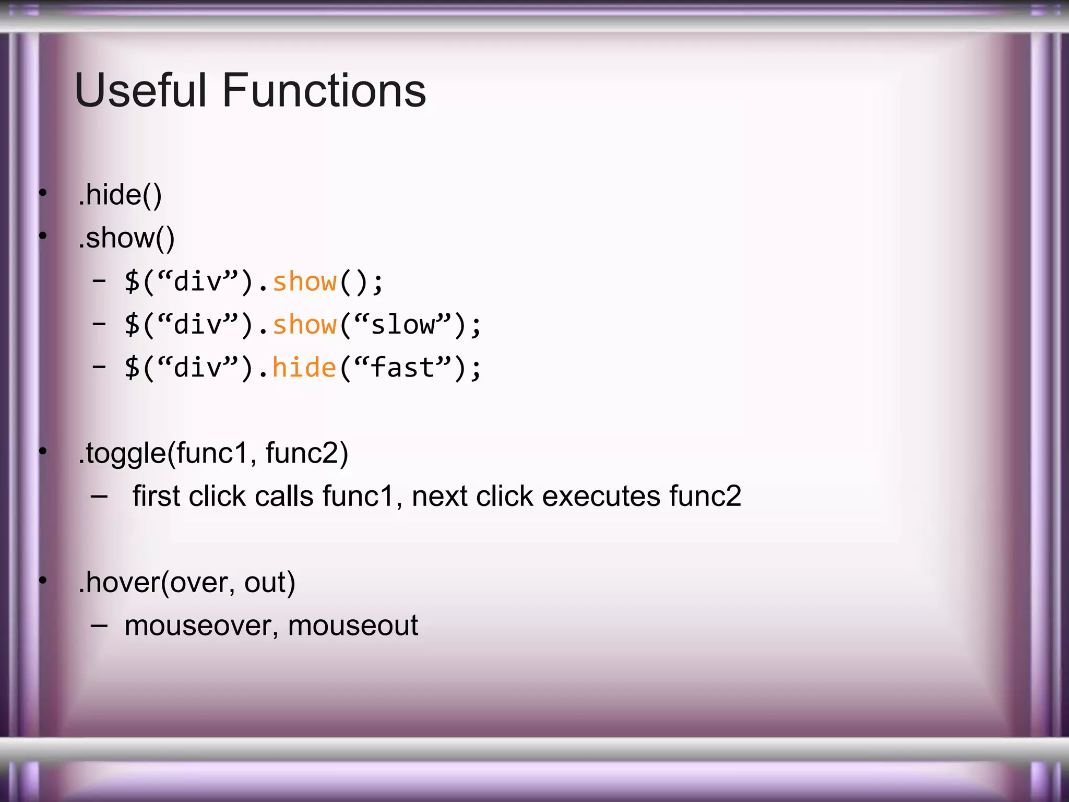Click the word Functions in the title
[324, 90]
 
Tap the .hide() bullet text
[120, 195]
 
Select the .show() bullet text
[126, 239]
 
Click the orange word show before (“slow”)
[304, 325]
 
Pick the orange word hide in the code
[304, 368]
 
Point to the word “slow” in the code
[402, 325]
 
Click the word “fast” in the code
[402, 368]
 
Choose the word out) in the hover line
[269, 582]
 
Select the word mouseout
[353, 626]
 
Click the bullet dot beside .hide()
[43, 193]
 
